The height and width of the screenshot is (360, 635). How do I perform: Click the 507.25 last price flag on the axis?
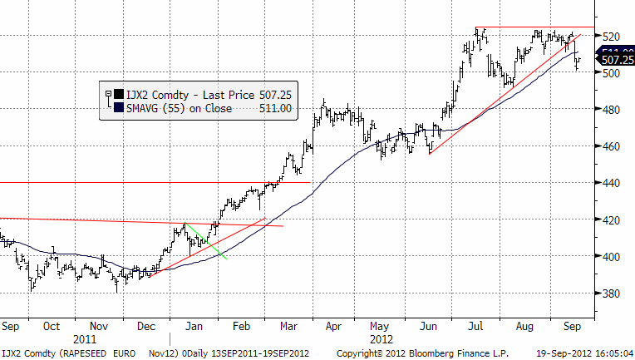[x=615, y=60]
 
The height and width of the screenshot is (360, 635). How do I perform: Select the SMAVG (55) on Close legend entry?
[x=179, y=108]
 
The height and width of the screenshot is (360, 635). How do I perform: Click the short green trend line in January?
[x=206, y=241]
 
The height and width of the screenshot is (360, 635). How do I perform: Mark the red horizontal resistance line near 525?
[x=532, y=27]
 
